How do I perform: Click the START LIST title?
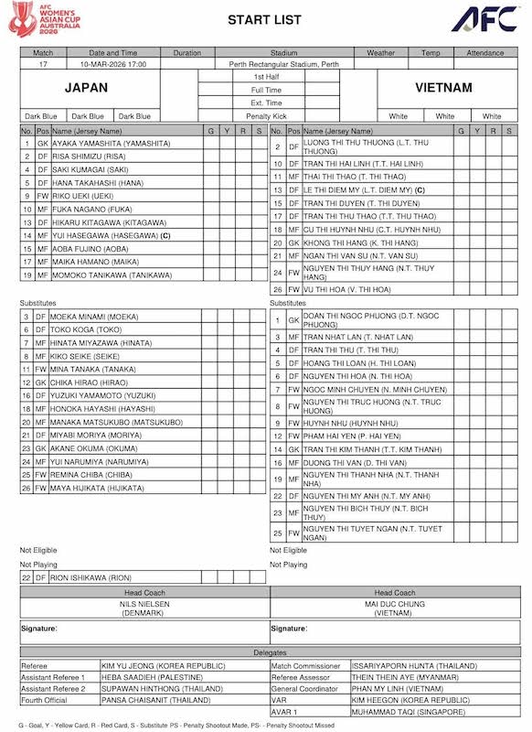click(265, 19)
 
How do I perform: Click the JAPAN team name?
click(86, 88)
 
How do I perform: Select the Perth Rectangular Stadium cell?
click(271, 65)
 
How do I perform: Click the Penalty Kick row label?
click(266, 116)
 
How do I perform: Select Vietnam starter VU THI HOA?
click(346, 289)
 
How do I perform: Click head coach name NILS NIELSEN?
click(144, 605)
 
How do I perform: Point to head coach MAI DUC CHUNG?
click(395, 605)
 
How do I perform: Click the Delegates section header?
click(265, 652)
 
